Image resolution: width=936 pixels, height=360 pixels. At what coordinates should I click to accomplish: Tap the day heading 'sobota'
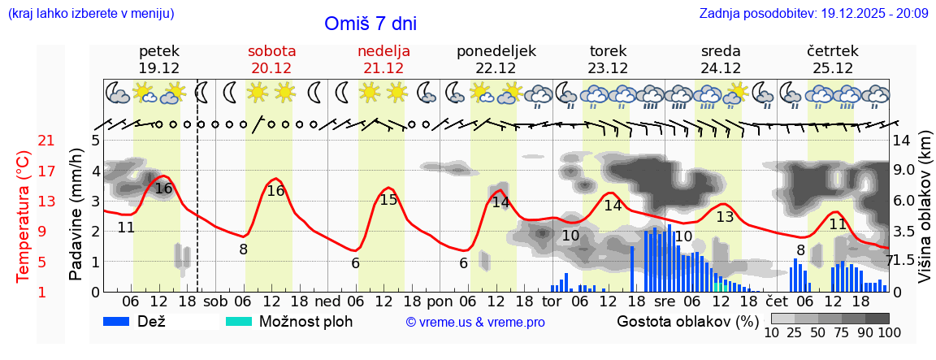pyautogui.click(x=271, y=50)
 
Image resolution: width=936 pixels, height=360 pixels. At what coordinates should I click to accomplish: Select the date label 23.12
pyautogui.click(x=608, y=68)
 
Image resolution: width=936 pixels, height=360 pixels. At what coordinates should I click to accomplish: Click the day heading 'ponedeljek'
pyautogui.click(x=496, y=50)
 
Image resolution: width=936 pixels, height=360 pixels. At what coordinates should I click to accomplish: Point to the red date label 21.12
pyautogui.click(x=383, y=68)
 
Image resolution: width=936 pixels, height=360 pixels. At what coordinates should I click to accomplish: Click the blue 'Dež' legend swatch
pyautogui.click(x=122, y=321)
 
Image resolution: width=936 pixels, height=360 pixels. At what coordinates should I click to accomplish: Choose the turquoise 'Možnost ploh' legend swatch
pyautogui.click(x=239, y=321)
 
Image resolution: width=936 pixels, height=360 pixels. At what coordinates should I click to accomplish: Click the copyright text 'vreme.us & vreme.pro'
pyautogui.click(x=475, y=322)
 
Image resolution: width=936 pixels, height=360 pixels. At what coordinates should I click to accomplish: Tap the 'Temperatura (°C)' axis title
pyautogui.click(x=24, y=216)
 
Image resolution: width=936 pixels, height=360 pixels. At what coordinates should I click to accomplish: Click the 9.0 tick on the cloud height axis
pyautogui.click(x=906, y=171)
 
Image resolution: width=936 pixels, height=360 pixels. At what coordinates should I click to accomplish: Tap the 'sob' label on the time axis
pyautogui.click(x=215, y=301)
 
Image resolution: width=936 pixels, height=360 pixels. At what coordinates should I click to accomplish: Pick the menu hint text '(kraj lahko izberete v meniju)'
pyautogui.click(x=91, y=14)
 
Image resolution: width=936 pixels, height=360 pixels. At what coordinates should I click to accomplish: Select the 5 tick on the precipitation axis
pyautogui.click(x=95, y=141)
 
